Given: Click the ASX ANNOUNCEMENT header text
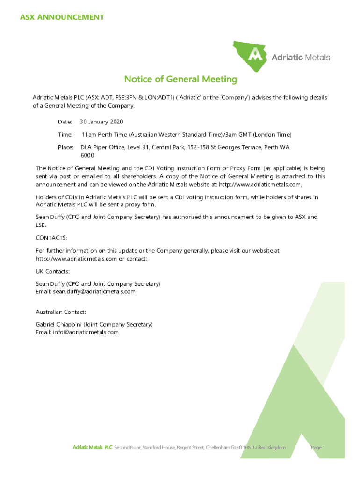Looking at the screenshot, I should pyautogui.click(x=62, y=17).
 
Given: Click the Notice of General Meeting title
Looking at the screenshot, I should pyautogui.click(x=180, y=80).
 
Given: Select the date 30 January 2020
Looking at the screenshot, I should pyautogui.click(x=101, y=122).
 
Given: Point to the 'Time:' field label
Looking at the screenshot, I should pyautogui.click(x=65, y=135).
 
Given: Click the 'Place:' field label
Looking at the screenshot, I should pyautogui.click(x=65, y=147).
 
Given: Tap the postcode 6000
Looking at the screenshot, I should pyautogui.click(x=87, y=155).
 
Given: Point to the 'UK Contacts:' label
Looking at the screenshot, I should pyautogui.click(x=53, y=271).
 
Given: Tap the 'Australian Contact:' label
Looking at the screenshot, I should pyautogui.click(x=61, y=312).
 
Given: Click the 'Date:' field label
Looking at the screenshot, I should pyautogui.click(x=65, y=122).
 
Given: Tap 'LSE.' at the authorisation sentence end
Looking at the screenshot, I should pyautogui.click(x=41, y=225).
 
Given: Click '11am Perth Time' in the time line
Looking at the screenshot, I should pyautogui.click(x=104, y=135).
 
